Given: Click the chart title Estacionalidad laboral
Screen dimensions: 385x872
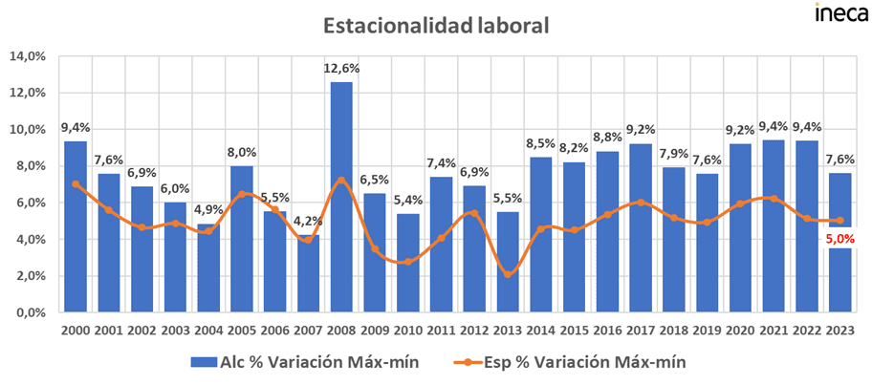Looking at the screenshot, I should (435, 26).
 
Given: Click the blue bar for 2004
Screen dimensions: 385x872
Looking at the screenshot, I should (207, 277).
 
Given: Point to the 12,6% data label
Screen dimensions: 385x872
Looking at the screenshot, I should (341, 68).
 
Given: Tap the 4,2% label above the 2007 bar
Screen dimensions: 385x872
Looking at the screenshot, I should (308, 222).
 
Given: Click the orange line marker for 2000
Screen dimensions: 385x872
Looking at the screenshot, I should (76, 184).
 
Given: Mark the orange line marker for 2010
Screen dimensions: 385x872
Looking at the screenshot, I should (408, 261).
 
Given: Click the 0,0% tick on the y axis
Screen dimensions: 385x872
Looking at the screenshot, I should (31, 312).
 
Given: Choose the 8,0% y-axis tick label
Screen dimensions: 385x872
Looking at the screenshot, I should (31, 166).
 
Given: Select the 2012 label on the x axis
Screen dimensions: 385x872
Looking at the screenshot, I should (475, 331).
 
